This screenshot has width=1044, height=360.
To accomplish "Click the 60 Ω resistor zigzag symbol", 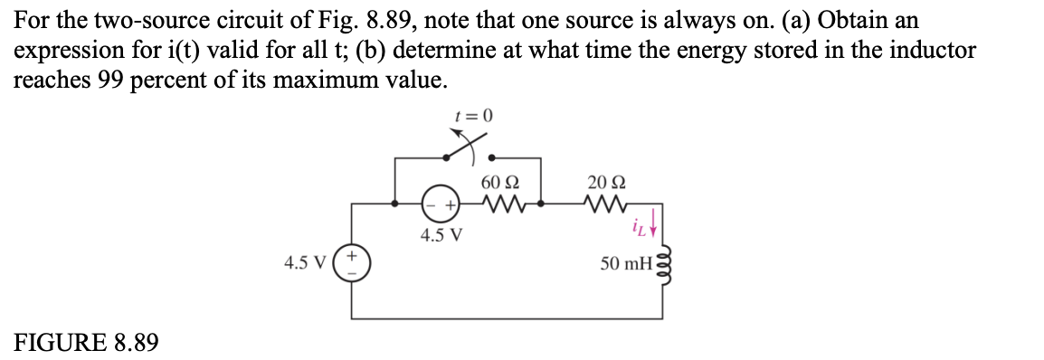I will click(499, 204).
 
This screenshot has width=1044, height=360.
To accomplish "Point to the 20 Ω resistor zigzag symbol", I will click(603, 204).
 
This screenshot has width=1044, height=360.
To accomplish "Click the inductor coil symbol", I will click(669, 263).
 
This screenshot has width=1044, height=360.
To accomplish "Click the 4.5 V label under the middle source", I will click(441, 236).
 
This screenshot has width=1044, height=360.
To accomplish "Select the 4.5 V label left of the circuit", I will click(305, 264).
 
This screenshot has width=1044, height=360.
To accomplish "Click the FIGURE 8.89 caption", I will click(87, 343).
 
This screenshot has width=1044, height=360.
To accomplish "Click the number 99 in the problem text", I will click(110, 79).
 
